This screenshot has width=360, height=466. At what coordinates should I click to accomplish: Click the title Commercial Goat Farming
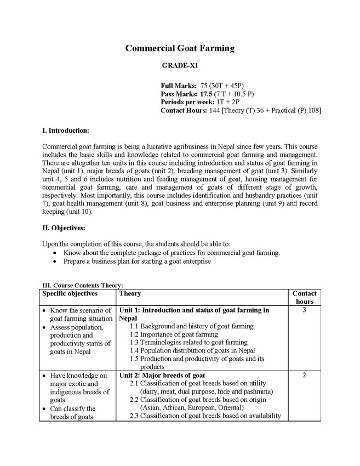point(180,48)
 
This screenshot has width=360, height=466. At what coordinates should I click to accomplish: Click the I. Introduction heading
point(66,131)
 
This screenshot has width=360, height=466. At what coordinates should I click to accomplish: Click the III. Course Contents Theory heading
point(83,285)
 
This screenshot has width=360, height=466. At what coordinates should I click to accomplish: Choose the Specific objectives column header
point(70,294)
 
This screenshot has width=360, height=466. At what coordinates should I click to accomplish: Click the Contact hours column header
point(304,298)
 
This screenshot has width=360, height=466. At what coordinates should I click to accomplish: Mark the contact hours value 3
point(304,310)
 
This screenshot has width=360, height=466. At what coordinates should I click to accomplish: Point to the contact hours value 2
point(304,376)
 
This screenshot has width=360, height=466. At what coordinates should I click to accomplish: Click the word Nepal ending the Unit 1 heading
point(128,318)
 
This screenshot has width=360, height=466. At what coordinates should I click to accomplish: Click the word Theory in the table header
point(130,294)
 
